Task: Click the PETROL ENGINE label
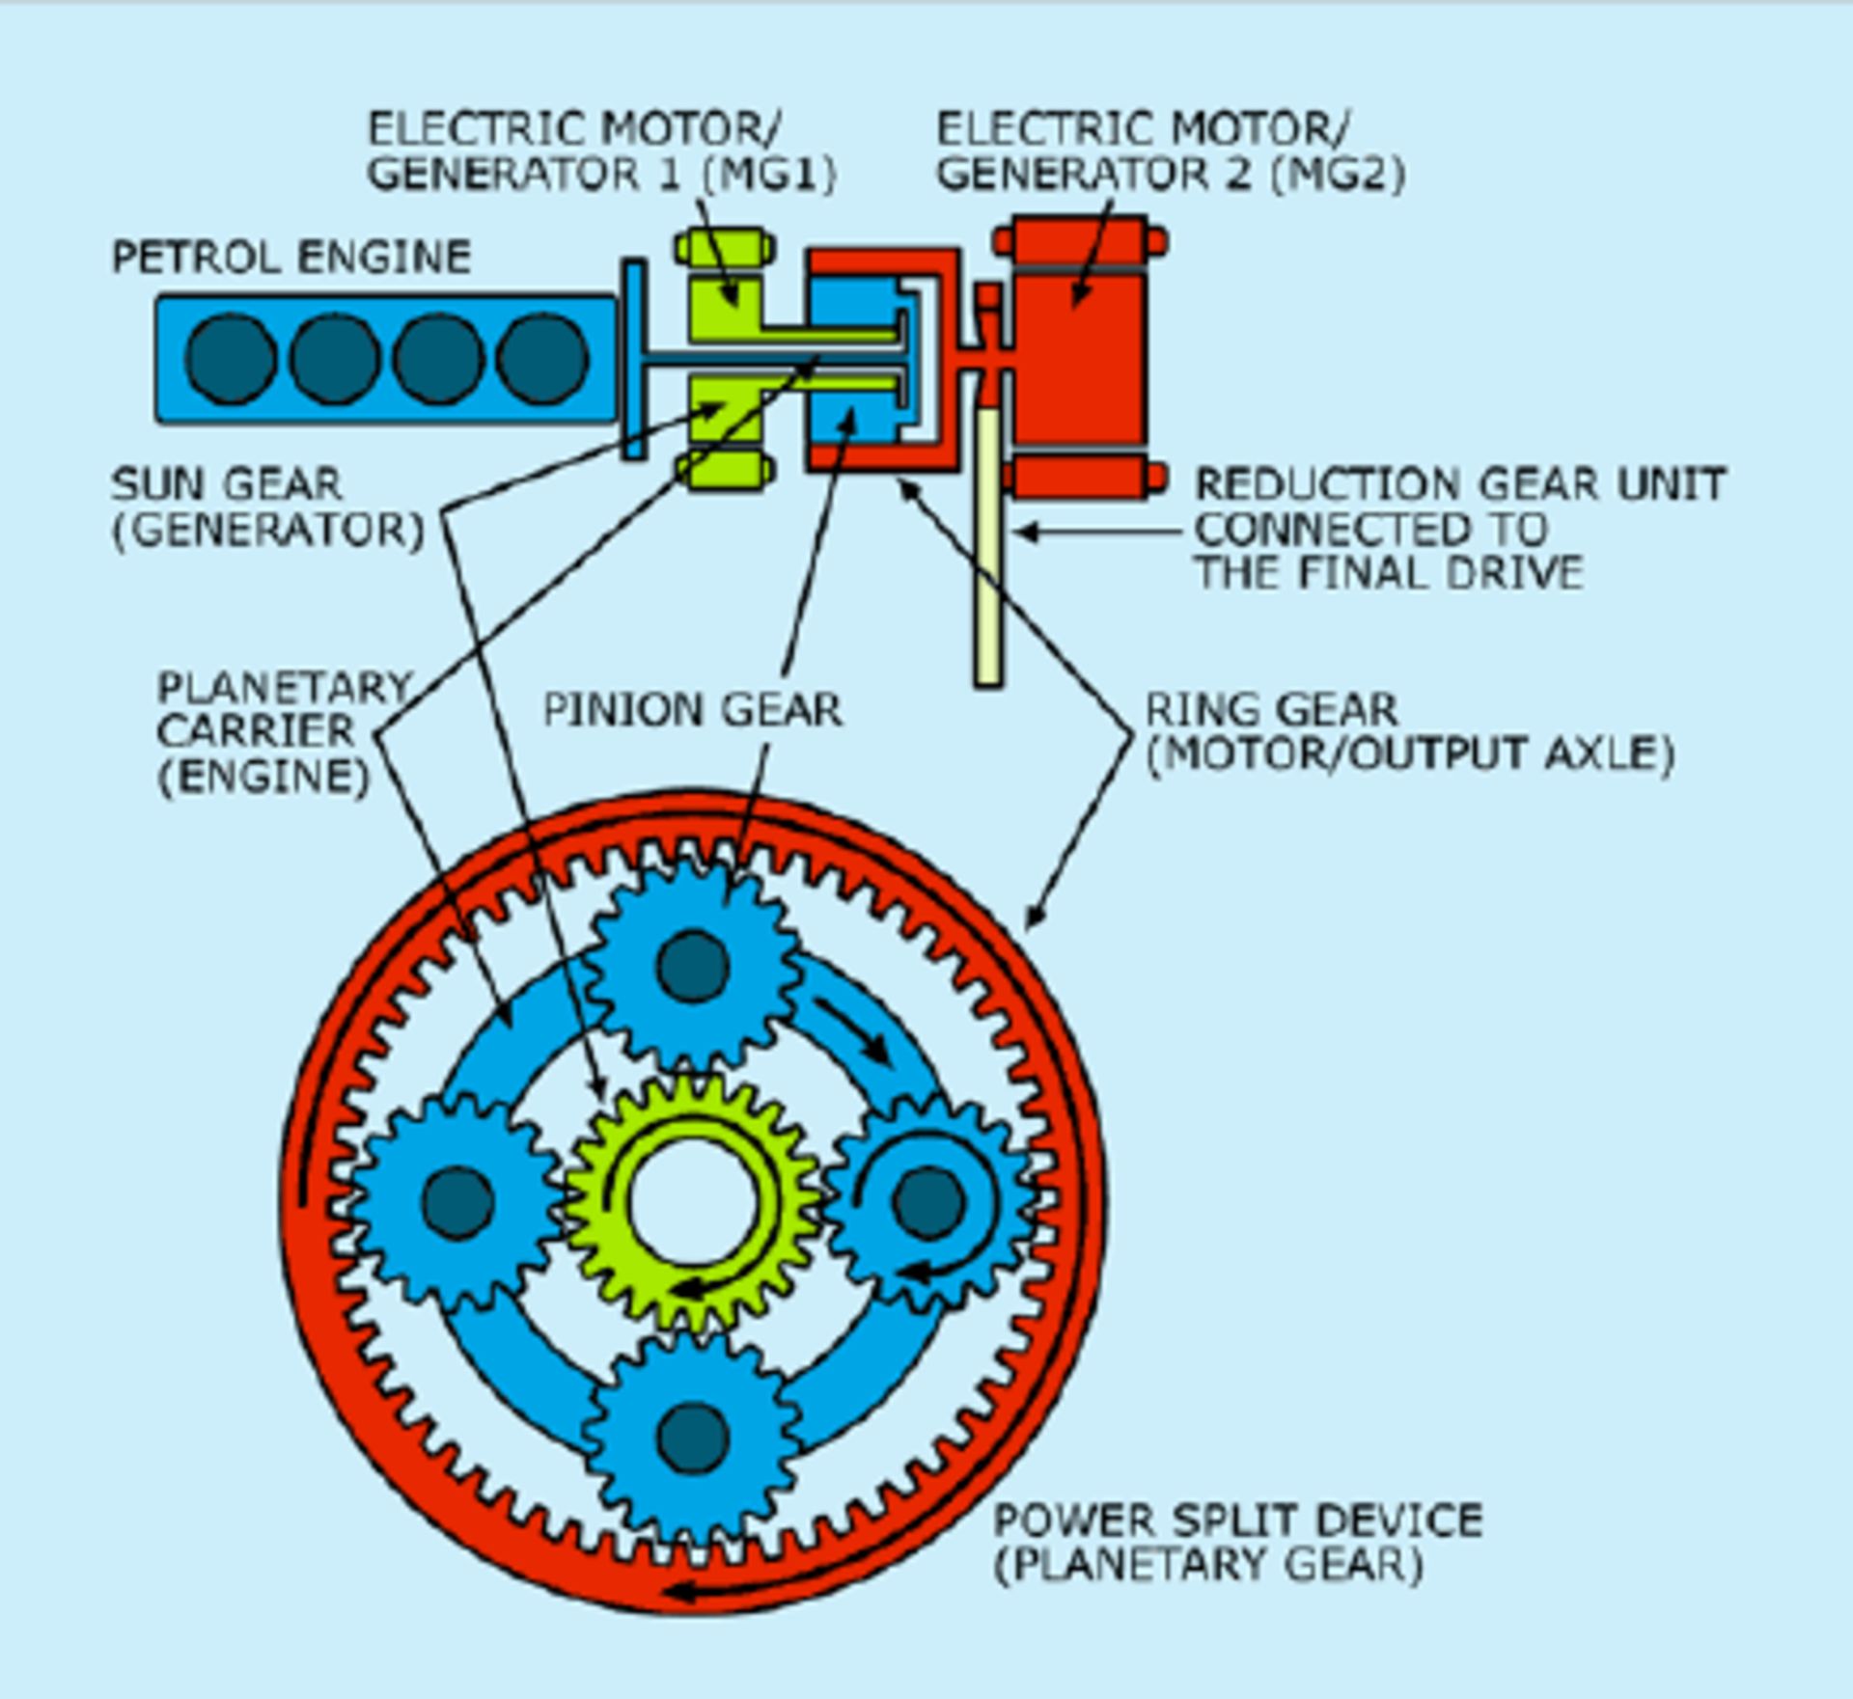(291, 258)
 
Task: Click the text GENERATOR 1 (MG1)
(601, 175)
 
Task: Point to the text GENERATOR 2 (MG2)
(1171, 175)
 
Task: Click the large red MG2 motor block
(1079, 357)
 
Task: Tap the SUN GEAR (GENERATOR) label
(268, 507)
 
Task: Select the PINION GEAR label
(692, 711)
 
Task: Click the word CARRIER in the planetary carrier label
(256, 732)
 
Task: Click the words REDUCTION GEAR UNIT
(1460, 484)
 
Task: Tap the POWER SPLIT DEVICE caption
(1238, 1521)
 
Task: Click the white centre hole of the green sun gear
(692, 1202)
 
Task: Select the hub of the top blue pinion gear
(692, 966)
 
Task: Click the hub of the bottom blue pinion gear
(692, 1438)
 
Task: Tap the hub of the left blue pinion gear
(457, 1202)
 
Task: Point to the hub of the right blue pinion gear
(928, 1202)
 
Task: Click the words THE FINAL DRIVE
(1389, 573)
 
